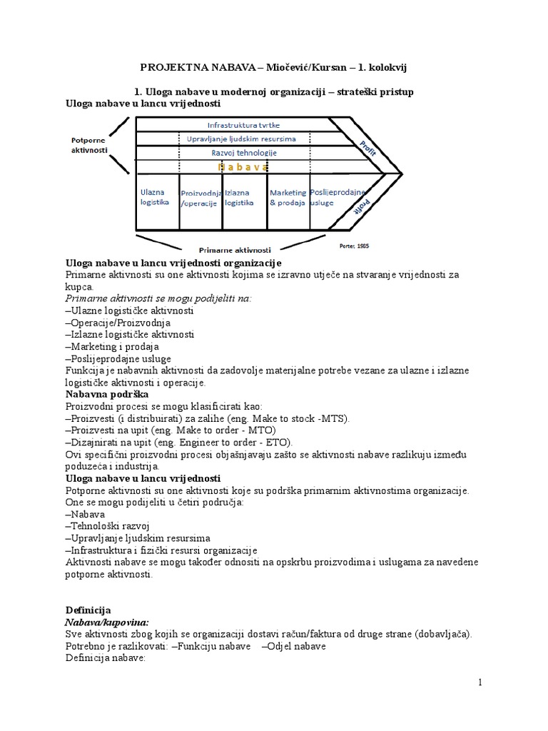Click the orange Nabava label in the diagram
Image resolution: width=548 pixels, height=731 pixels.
pos(243,166)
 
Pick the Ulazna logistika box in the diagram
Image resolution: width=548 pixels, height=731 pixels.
pos(155,197)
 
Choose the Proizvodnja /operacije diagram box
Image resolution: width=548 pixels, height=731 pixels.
pos(201,198)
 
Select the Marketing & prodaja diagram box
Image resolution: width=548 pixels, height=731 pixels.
pos(288,197)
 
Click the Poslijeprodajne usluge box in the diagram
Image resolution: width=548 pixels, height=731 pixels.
pos(338,197)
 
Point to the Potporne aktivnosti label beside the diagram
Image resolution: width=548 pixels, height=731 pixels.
pos(90,146)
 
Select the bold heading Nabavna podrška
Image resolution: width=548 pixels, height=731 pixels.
pos(107,394)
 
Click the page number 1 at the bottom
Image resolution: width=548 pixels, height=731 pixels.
pos(480,682)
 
